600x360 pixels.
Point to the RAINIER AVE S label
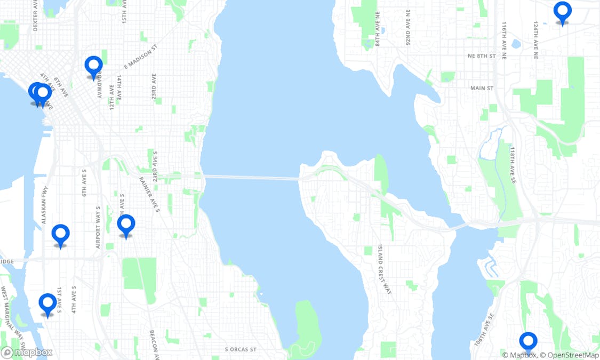click(150, 195)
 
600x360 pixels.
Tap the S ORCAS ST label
click(241, 350)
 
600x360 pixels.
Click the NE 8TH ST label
click(482, 56)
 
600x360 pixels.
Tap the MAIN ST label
click(482, 88)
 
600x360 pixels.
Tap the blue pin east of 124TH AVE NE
click(562, 11)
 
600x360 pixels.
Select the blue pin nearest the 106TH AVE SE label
click(528, 341)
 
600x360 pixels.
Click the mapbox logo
click(27, 352)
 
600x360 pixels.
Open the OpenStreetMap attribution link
click(569, 355)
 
